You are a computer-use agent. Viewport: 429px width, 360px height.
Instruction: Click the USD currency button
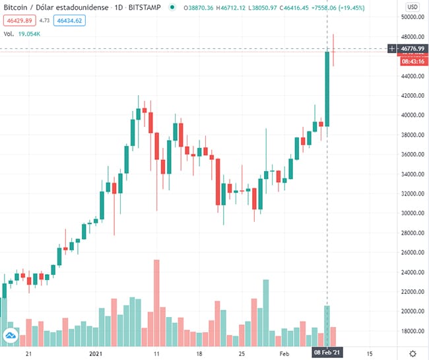(x=412, y=7)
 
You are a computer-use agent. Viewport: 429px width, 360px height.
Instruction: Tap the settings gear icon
(x=412, y=353)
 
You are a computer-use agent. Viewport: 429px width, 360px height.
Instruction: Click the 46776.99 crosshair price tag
(x=413, y=48)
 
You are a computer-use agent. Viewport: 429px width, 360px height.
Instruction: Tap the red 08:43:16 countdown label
(x=413, y=61)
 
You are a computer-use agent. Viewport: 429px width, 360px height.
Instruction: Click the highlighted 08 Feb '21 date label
(x=327, y=353)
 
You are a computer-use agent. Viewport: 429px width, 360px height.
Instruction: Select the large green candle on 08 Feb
(x=327, y=89)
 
